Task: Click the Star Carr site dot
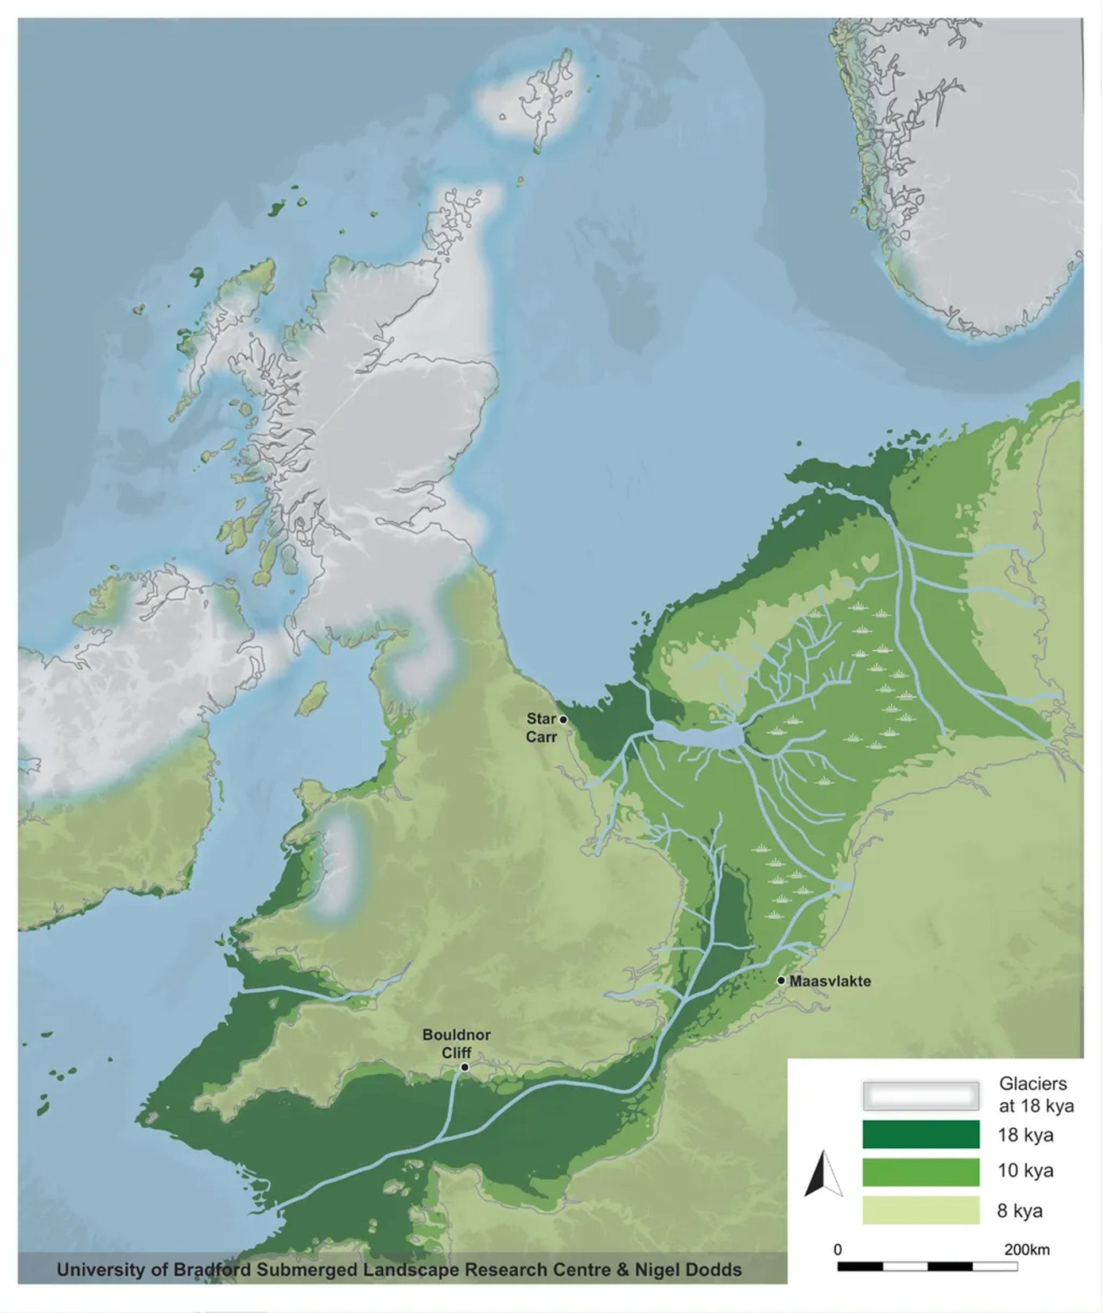click(x=563, y=720)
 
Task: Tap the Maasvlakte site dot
click(x=781, y=980)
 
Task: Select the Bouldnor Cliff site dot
click(x=465, y=1067)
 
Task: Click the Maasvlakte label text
click(x=830, y=981)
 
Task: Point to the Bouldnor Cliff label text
click(x=456, y=1043)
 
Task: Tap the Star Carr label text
click(x=542, y=728)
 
